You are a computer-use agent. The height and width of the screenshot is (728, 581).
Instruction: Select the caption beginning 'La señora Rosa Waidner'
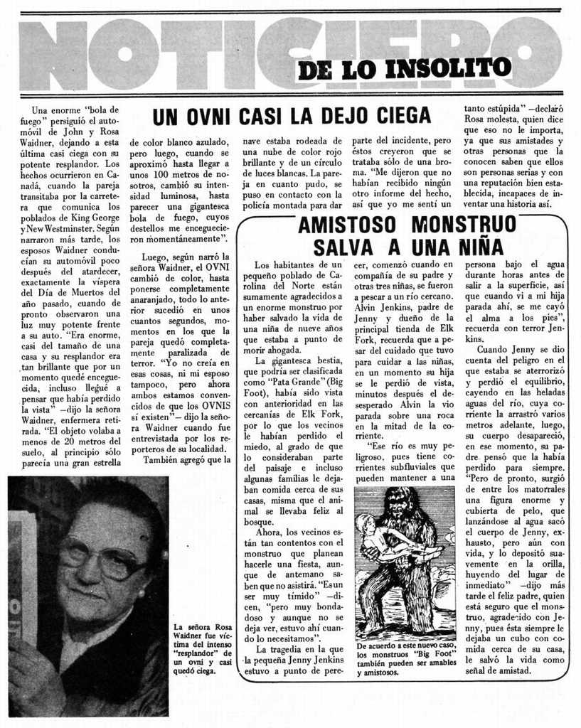tap(203, 647)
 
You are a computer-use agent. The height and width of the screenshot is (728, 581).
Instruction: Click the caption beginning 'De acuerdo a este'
tap(405, 658)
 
